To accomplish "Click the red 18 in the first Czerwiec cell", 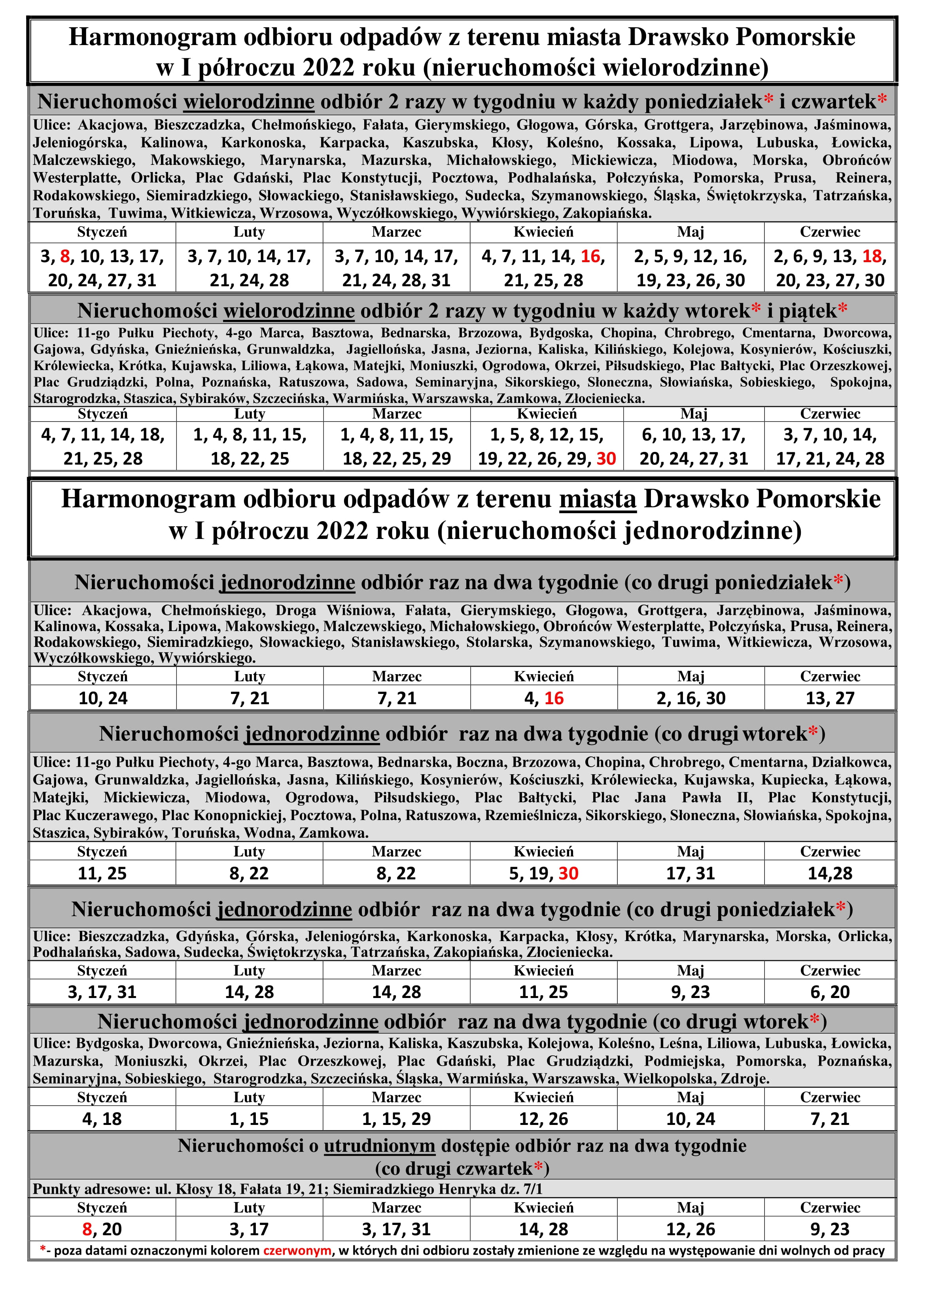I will [872, 256].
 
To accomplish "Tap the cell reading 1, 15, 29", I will [396, 1119].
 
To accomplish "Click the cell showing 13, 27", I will [829, 698].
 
